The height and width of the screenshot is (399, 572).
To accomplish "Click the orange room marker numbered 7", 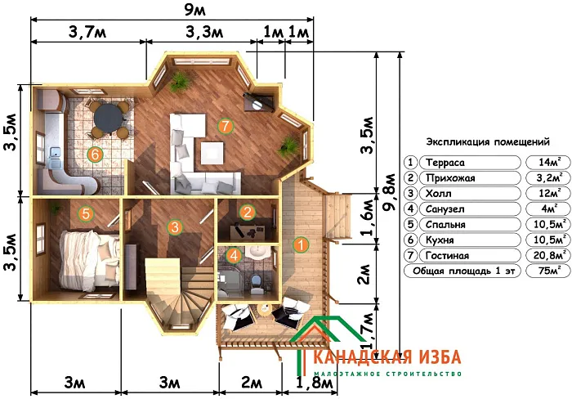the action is coord(225,126).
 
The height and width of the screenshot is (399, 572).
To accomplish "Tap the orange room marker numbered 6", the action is coord(96,155).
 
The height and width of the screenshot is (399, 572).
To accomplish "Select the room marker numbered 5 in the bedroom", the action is coord(86,213).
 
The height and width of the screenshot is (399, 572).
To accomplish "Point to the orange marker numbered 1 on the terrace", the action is coord(301,244).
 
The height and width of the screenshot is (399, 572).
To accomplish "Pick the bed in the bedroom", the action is coord(88,260).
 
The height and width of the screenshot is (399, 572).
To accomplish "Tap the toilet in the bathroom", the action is coord(257,283).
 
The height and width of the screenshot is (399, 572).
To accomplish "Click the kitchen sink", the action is coord(56,156).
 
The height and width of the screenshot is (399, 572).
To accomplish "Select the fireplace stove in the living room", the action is coord(259,101).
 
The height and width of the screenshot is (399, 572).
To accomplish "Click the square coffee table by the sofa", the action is coord(212,154).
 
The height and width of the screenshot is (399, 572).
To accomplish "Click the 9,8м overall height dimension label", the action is coord(389,191).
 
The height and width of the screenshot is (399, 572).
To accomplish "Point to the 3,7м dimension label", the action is coord(87,33).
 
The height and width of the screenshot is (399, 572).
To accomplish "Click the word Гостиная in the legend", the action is coord(447,256).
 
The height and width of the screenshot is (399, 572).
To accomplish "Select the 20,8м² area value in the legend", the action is coord(548,255).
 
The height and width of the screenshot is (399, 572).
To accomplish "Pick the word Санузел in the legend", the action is coord(445,209).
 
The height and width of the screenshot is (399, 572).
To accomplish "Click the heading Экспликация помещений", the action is coord(488,141).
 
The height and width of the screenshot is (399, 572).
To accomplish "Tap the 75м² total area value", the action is coord(548,271).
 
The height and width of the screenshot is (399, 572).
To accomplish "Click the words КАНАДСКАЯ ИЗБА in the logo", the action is coord(387,357).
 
